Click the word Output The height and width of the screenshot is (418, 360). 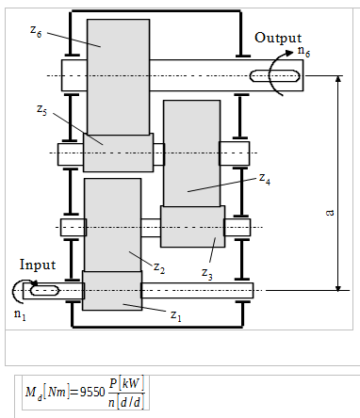pos(278,38)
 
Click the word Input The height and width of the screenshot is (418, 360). pos(37,266)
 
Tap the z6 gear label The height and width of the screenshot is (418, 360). pos(35,30)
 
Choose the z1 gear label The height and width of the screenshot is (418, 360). pos(175,314)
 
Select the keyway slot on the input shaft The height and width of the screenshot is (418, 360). pos(46,291)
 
